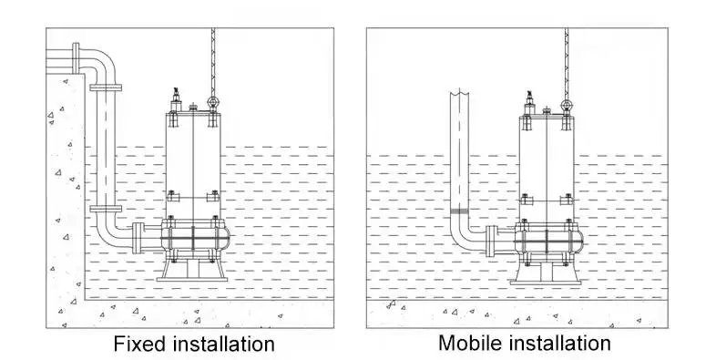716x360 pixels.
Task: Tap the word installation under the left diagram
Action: pyautogui.click(x=221, y=344)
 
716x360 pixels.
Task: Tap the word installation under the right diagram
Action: pyautogui.click(x=557, y=343)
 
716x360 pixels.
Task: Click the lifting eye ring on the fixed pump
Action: pyautogui.click(x=212, y=102)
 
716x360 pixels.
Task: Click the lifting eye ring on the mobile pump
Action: pyautogui.click(x=567, y=106)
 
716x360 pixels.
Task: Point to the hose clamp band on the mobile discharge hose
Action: pyautogui.click(x=459, y=211)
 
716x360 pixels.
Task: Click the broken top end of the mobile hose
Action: pyautogui.click(x=459, y=92)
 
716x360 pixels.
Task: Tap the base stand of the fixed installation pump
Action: pyautogui.click(x=192, y=271)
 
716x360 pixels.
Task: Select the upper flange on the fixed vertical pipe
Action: pyautogui.click(x=106, y=87)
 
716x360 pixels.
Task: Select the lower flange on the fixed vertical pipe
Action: pyautogui.click(x=106, y=209)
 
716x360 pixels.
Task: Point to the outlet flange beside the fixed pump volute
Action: pyautogui.click(x=136, y=238)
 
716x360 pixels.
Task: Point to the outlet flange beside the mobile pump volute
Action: pyautogui.click(x=490, y=242)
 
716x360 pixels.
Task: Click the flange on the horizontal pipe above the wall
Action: pyautogui.click(x=76, y=57)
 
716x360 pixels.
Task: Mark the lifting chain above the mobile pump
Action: pyautogui.click(x=567, y=63)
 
